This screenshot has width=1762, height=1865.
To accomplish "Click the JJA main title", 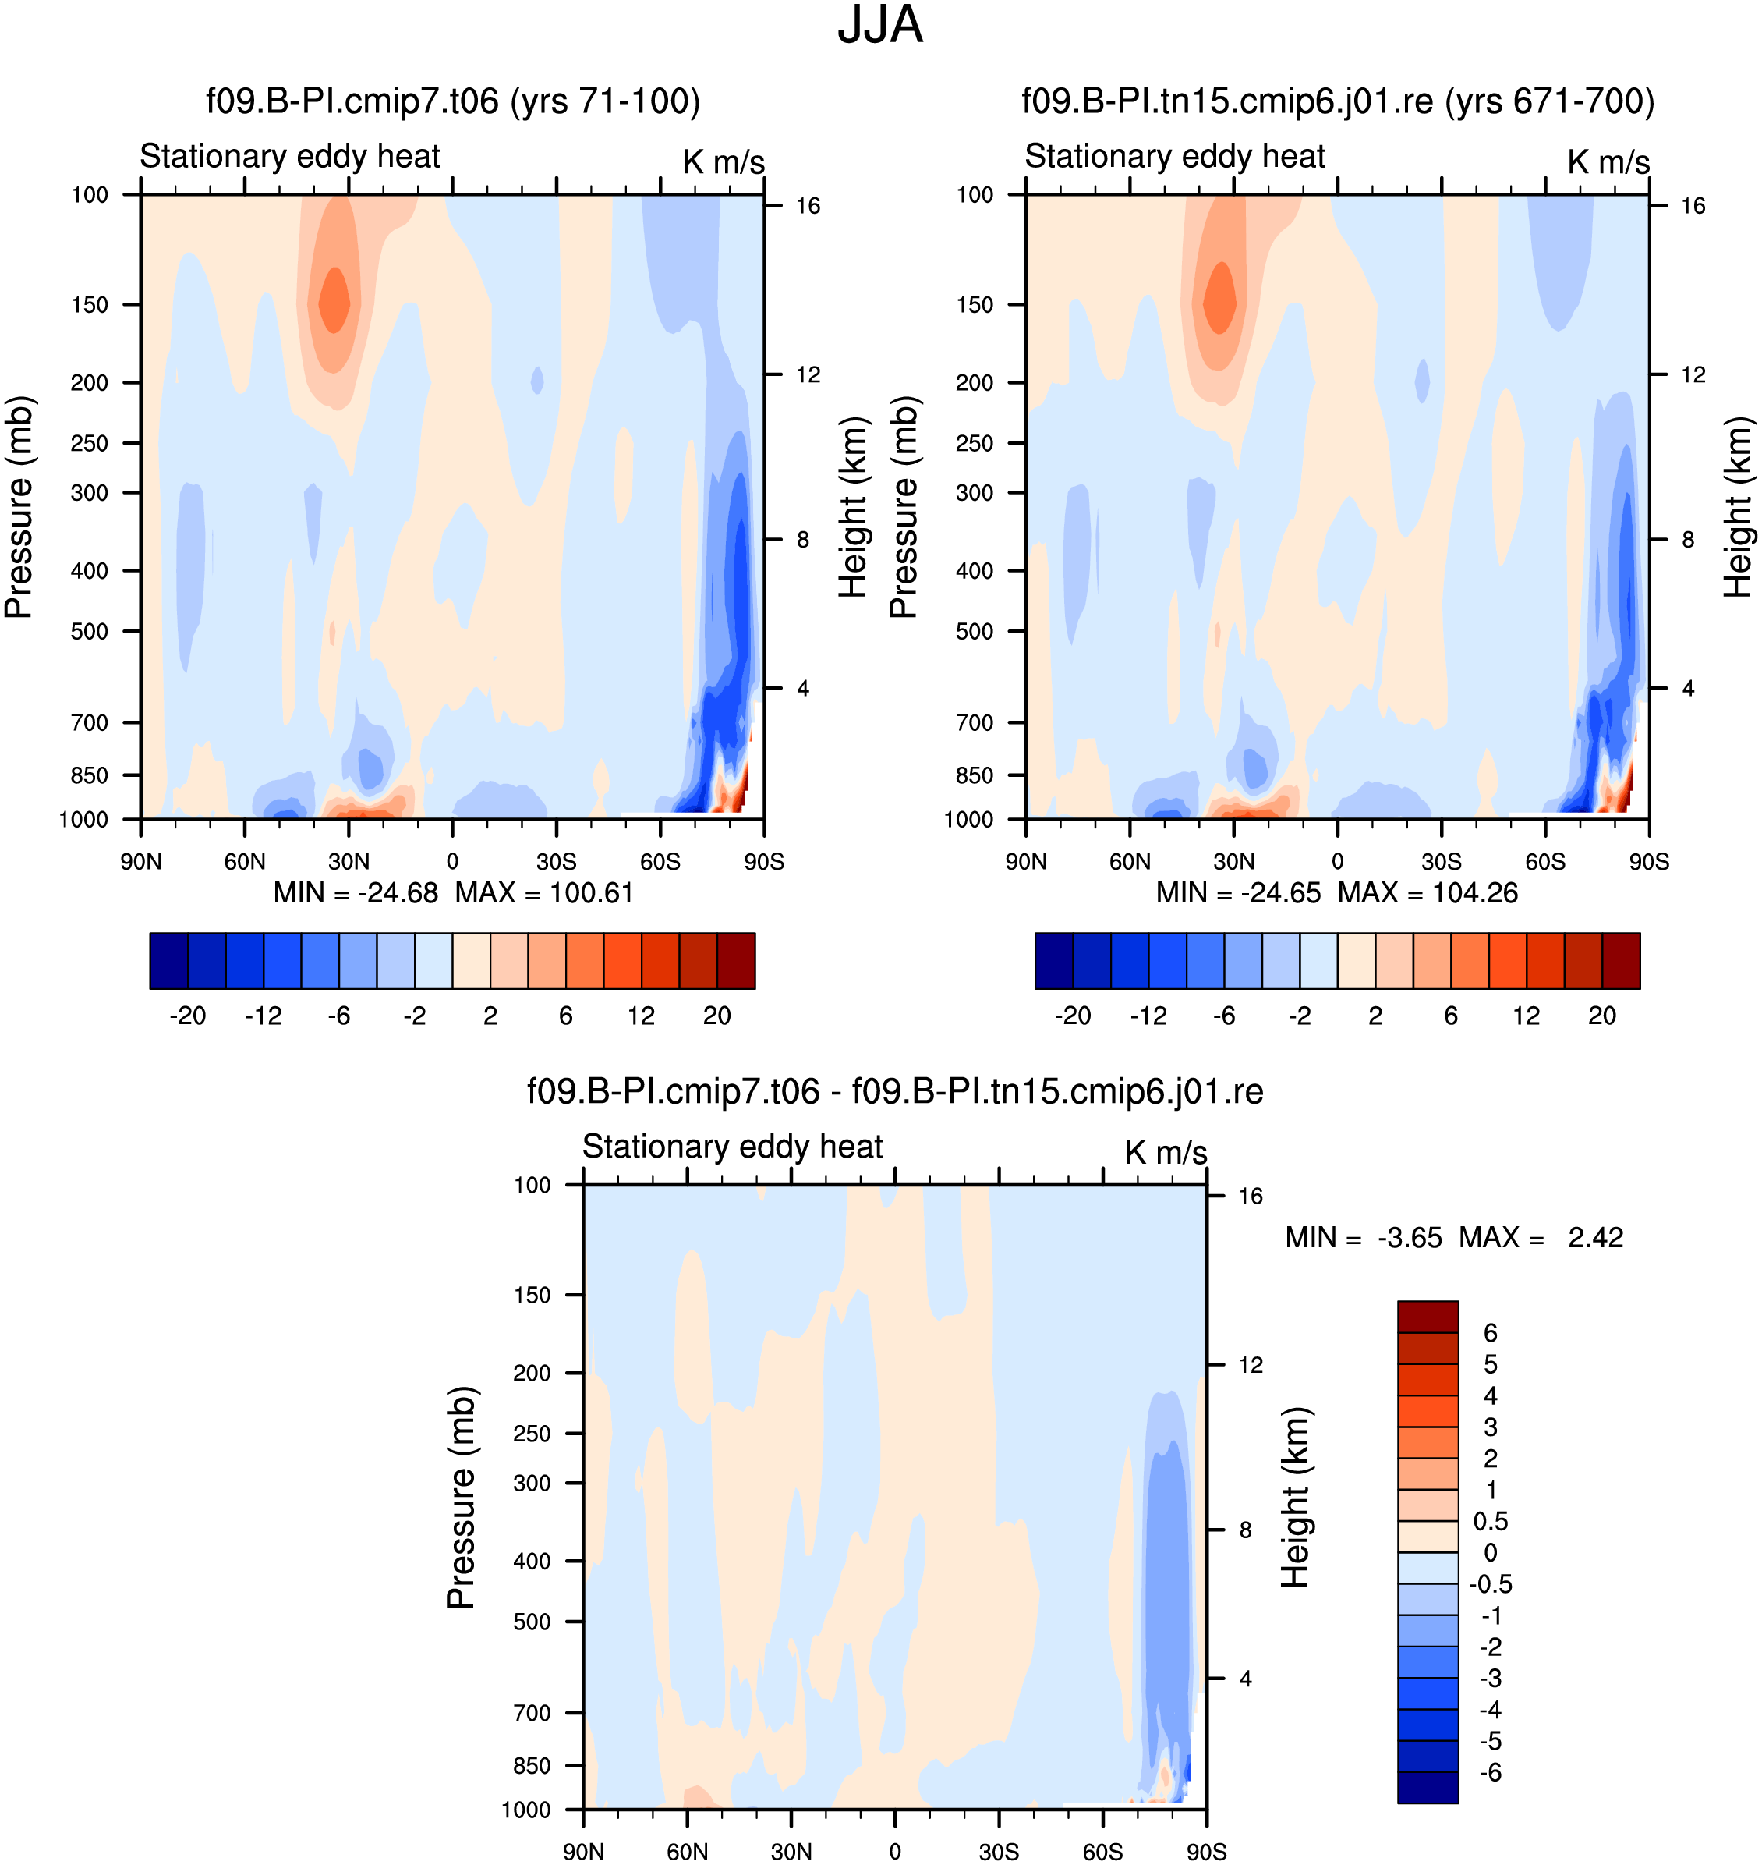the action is [x=880, y=26].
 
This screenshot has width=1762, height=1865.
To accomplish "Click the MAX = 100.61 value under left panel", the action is [x=545, y=892].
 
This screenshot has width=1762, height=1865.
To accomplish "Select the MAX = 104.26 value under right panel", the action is [x=1428, y=892].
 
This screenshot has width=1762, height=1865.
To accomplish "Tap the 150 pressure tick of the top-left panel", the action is [x=90, y=304].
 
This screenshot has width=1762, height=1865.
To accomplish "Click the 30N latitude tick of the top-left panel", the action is [x=349, y=862].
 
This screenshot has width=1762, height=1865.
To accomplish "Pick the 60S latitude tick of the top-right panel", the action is [x=1545, y=862].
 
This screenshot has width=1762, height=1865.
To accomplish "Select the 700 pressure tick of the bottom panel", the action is [x=532, y=1713].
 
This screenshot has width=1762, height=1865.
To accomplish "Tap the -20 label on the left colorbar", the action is [x=187, y=1016].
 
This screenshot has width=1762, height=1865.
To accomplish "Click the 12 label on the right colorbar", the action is [x=1527, y=1016].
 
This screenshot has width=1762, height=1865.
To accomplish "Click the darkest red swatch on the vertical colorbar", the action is [x=1428, y=1317].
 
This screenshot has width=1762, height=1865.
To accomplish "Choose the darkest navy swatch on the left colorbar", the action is [x=169, y=961].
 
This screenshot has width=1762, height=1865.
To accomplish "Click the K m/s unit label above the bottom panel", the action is [x=1166, y=1153].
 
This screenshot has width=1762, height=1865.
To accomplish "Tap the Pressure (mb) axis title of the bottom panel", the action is [x=462, y=1498].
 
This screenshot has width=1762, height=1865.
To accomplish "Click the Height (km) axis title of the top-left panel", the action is [x=853, y=507].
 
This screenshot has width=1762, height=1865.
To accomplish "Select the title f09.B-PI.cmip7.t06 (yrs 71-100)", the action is [x=453, y=101].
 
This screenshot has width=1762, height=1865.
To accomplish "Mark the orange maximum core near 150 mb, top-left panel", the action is [x=334, y=300].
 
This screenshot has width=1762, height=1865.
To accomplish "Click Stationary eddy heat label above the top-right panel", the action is [x=1174, y=156].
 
